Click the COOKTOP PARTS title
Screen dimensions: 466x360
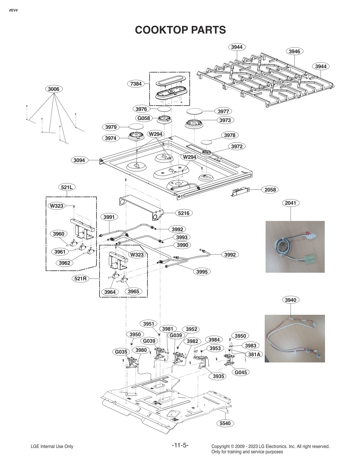pos(180,30)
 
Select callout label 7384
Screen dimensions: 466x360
pos(136,84)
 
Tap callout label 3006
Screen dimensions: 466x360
pos(54,89)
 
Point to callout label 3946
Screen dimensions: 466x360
pos(294,51)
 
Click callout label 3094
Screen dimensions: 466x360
pos(79,160)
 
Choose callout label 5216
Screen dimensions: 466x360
pos(184,213)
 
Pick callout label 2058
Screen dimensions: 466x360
pos(270,190)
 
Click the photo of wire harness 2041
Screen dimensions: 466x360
pos(295,247)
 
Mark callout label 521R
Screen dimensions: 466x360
pos(80,278)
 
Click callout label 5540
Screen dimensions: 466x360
pos(225,423)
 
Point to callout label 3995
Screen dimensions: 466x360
pos(202,272)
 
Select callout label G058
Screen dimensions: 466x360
pos(144,118)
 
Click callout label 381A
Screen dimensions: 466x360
pos(254,355)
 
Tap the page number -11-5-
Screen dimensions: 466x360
pos(180,445)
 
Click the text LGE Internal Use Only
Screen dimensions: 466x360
pos(52,446)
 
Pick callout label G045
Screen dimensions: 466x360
pos(241,372)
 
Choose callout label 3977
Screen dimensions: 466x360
pos(223,111)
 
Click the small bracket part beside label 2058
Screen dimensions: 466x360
pos(240,192)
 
